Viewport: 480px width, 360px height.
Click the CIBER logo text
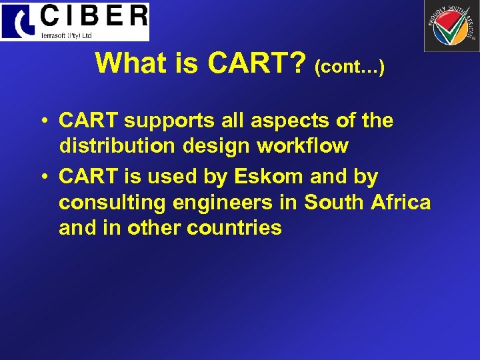pyautogui.click(x=93, y=16)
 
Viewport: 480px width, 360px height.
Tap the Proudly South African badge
pyautogui.click(x=451, y=26)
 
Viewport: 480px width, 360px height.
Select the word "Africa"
pyautogui.click(x=399, y=202)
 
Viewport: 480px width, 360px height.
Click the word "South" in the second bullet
pyautogui.click(x=333, y=202)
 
